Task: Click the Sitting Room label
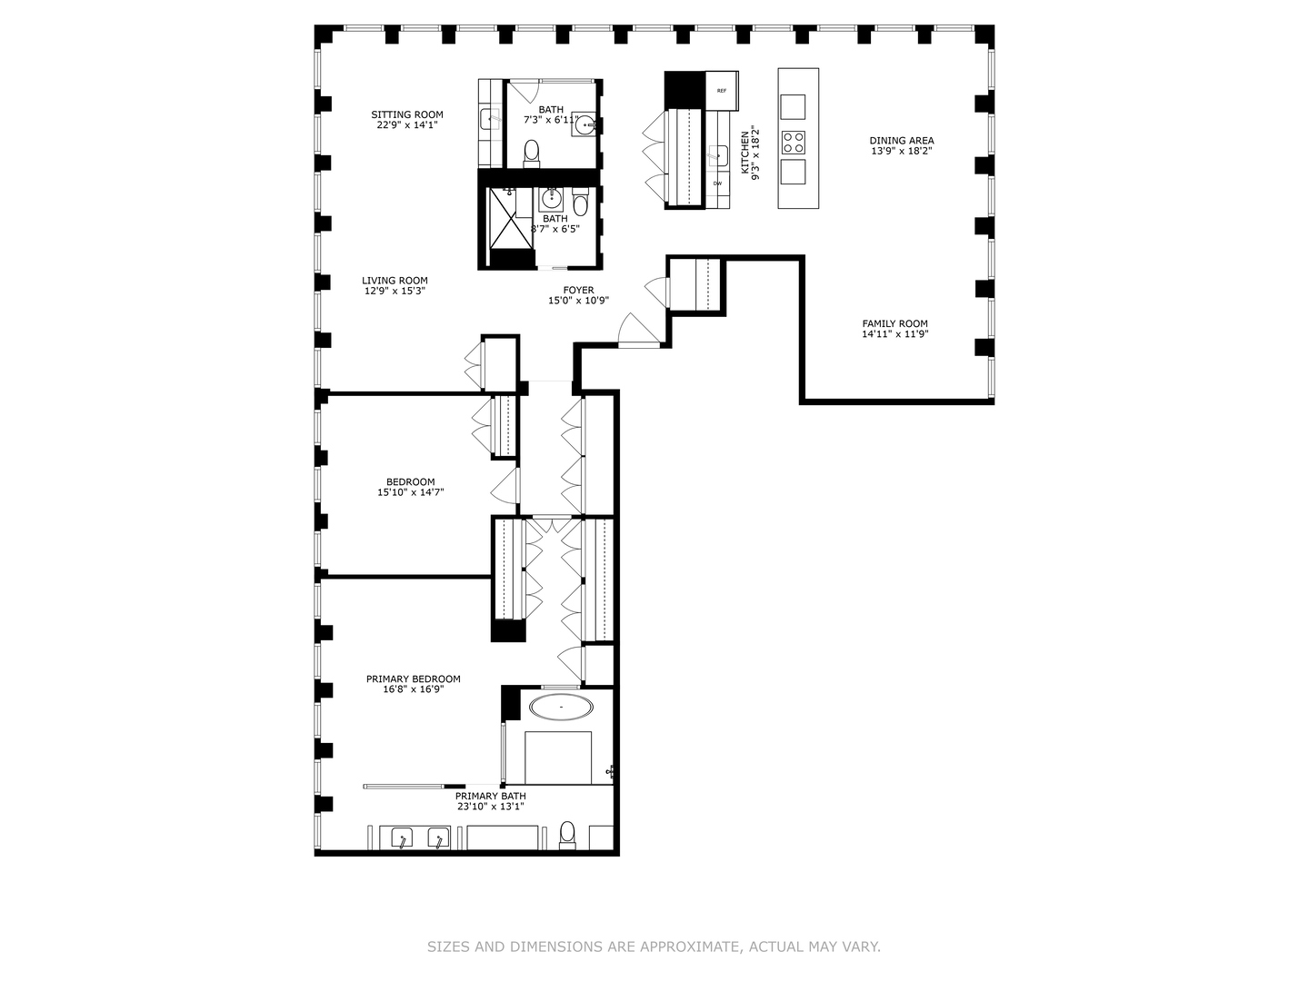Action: (x=407, y=115)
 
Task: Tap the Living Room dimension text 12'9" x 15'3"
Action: (x=395, y=292)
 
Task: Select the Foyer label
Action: (x=578, y=291)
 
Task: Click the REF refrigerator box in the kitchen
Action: (x=722, y=91)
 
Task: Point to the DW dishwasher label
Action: (x=718, y=184)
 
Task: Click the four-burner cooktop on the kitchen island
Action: (x=794, y=142)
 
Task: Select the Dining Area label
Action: (x=902, y=141)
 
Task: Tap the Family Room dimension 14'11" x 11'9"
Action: (x=894, y=334)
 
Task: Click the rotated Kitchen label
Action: (x=745, y=152)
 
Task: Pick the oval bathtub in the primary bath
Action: (x=561, y=707)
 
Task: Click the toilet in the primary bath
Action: (x=567, y=834)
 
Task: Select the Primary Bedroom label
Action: (x=413, y=679)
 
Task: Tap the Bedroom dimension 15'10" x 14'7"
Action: (x=410, y=492)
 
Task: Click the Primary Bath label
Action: (x=490, y=796)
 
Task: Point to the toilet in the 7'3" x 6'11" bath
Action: (x=532, y=154)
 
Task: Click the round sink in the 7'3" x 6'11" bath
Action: (x=585, y=126)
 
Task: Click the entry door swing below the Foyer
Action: (x=636, y=331)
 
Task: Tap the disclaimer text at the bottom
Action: (x=654, y=946)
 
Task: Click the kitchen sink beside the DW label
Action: (x=719, y=155)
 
